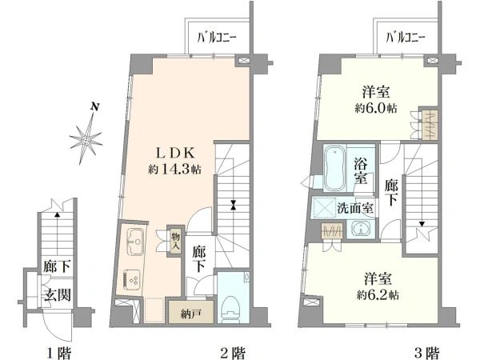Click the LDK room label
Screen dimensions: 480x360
[175, 153]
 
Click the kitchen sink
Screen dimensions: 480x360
[134, 242]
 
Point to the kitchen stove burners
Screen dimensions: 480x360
[132, 279]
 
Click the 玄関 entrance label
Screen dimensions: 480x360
[58, 294]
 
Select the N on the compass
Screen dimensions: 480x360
[95, 107]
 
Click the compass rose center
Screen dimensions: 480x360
[86, 141]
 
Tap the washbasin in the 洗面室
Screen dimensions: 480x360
[362, 229]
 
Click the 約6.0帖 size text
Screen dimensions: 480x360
[376, 109]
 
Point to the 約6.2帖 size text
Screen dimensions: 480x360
[377, 295]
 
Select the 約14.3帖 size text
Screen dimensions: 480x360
[174, 169]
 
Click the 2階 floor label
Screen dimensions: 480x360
[232, 353]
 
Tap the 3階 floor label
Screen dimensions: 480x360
[426, 353]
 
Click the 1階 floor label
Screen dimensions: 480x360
[58, 353]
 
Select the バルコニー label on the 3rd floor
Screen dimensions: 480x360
[405, 38]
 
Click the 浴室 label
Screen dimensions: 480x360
[361, 171]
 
